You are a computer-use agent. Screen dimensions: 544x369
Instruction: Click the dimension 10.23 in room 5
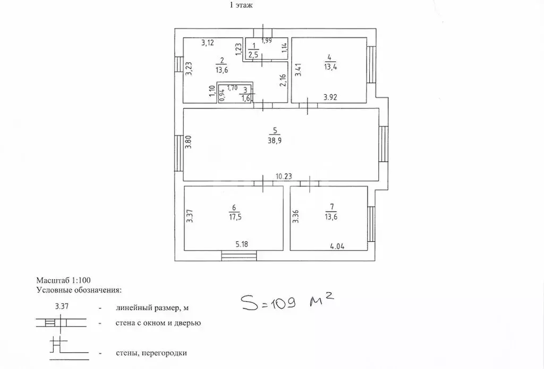point(284,177)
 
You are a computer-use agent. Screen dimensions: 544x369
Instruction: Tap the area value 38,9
point(275,141)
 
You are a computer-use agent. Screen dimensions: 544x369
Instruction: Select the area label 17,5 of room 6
point(234,217)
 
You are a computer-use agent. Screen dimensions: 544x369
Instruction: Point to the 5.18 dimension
point(242,244)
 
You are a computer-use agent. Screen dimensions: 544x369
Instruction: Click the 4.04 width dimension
point(337,247)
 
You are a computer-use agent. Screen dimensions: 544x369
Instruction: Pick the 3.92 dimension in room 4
point(330,97)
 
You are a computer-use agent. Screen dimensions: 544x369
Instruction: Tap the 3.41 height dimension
point(298,69)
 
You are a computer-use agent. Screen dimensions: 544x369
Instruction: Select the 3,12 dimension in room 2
point(208,43)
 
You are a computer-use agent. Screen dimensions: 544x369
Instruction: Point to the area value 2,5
point(253,55)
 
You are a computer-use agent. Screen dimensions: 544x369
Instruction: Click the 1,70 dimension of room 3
point(232,88)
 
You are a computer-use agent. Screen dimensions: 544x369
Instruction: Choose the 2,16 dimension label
point(283,80)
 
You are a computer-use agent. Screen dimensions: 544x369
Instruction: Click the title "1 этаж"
point(241,5)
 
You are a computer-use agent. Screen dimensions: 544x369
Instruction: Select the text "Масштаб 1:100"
point(64,280)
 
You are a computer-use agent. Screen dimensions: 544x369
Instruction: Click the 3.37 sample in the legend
point(62,306)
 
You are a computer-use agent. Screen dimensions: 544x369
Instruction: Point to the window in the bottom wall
point(239,256)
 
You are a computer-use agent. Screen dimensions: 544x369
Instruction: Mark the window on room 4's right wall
point(371,65)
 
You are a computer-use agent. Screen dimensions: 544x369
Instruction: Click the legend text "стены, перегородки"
point(151,354)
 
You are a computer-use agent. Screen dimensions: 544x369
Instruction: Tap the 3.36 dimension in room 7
point(296,216)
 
